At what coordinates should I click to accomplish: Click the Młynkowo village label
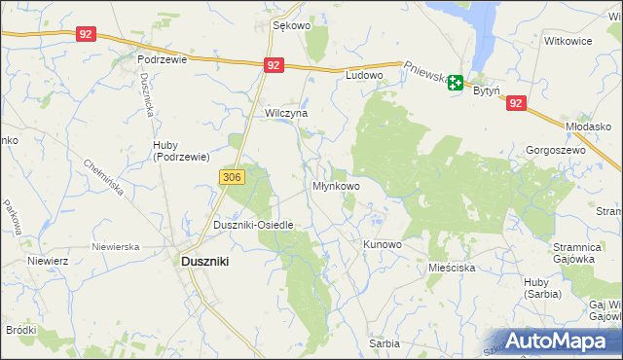[x=336, y=185]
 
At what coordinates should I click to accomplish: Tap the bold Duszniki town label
[x=207, y=261]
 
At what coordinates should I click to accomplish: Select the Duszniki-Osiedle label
[x=253, y=225]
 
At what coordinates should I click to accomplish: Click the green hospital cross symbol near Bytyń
[x=455, y=85]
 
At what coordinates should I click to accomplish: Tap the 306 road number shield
[x=232, y=177]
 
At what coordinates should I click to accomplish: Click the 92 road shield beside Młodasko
[x=516, y=102]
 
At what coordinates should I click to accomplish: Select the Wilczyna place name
[x=286, y=113]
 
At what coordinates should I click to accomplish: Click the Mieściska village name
[x=451, y=266]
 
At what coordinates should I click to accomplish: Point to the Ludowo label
[x=365, y=74]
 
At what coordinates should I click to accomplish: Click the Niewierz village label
[x=47, y=261]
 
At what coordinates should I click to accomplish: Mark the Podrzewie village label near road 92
[x=162, y=58]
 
